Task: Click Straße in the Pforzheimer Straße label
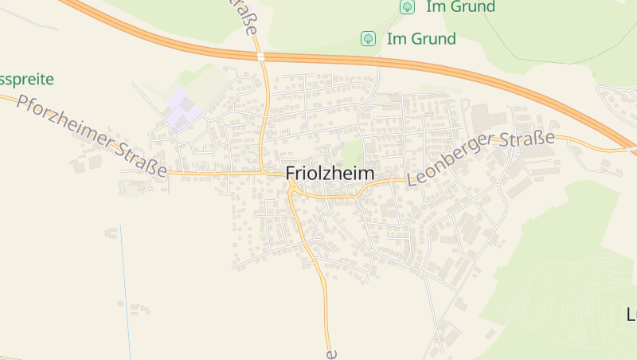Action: pyautogui.click(x=141, y=158)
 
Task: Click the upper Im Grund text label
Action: pyautogui.click(x=460, y=7)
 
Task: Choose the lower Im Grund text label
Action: pyautogui.click(x=421, y=38)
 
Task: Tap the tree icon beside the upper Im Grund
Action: pyautogui.click(x=407, y=7)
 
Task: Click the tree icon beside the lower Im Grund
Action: pyautogui.click(x=368, y=38)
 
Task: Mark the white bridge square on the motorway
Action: pyautogui.click(x=260, y=57)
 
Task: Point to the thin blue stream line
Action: pyautogui.click(x=125, y=279)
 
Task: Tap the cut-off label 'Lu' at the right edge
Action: pyautogui.click(x=631, y=315)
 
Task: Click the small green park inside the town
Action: pyautogui.click(x=351, y=151)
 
